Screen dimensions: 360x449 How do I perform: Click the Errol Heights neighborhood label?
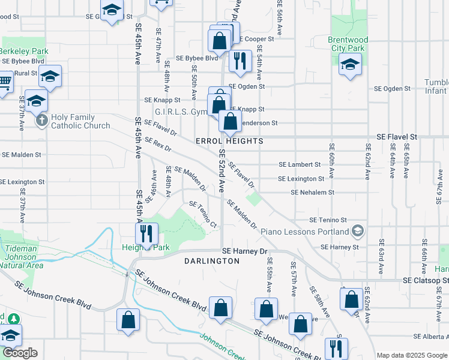point(229,141)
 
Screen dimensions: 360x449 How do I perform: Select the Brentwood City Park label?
point(348,44)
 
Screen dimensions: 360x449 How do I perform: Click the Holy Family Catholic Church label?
point(80,122)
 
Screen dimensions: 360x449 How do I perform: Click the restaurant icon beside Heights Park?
point(146,232)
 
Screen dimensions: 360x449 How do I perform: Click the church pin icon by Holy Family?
point(42,121)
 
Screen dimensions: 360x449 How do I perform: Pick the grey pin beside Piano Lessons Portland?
point(358,231)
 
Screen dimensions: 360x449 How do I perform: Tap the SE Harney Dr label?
point(243,251)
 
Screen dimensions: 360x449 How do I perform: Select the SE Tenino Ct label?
point(203,214)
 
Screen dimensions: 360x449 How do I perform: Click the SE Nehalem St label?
point(312,193)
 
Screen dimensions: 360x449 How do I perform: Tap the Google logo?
point(20,353)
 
